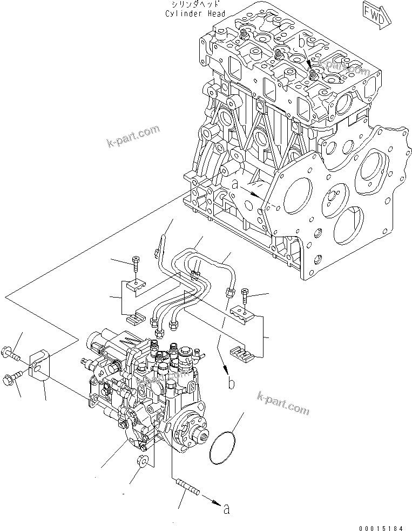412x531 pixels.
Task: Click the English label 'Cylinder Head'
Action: click(x=195, y=13)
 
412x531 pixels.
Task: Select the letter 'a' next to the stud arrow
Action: click(x=226, y=507)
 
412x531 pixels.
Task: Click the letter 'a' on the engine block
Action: click(x=234, y=184)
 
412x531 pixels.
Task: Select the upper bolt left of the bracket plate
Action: click(x=10, y=355)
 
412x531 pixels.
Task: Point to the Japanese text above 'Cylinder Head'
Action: click(x=195, y=4)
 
